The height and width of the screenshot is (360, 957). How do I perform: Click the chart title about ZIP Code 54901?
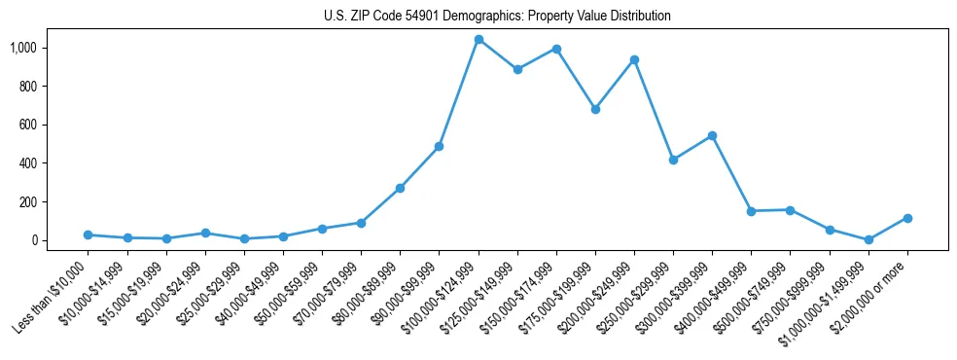[x=497, y=16]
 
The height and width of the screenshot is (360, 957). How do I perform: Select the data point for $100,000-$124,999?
[x=478, y=40]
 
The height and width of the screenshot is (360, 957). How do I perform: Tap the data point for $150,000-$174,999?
[x=556, y=49]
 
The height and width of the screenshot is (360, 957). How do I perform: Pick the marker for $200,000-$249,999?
[x=634, y=59]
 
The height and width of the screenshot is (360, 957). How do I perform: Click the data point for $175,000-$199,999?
[x=595, y=109]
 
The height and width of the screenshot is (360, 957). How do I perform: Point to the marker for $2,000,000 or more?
[x=907, y=218]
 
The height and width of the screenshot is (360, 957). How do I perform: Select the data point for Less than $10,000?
[x=89, y=234]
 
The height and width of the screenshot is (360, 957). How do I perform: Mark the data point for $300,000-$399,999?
[x=712, y=135]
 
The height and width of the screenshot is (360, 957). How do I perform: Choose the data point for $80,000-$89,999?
[x=400, y=188]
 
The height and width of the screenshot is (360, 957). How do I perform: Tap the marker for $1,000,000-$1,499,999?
[x=868, y=239]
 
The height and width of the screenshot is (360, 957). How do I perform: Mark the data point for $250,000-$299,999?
[x=673, y=160]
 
